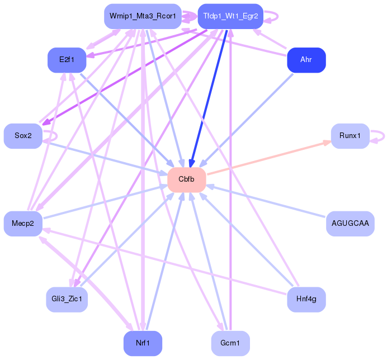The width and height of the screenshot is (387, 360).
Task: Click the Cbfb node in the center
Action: (187, 179)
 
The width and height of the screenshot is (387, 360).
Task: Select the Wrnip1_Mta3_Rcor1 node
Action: (143, 16)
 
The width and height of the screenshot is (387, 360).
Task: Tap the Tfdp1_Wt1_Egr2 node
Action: (230, 16)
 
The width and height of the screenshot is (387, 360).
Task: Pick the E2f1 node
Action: (67, 60)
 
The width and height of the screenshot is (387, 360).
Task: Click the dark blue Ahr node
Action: (306, 60)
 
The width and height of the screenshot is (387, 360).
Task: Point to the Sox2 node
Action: (23, 136)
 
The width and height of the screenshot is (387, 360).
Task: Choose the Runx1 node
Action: (350, 136)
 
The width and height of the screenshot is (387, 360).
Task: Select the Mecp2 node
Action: (23, 224)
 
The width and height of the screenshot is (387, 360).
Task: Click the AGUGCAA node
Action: (350, 224)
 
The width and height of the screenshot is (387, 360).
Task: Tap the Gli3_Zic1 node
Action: (67, 299)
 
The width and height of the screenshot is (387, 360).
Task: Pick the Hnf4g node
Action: (306, 299)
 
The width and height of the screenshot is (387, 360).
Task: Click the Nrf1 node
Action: (143, 343)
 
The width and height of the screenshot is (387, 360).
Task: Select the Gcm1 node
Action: (230, 343)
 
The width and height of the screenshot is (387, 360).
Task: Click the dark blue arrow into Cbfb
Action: (209, 99)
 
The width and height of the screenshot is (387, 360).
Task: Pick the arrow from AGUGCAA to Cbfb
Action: (266, 201)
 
